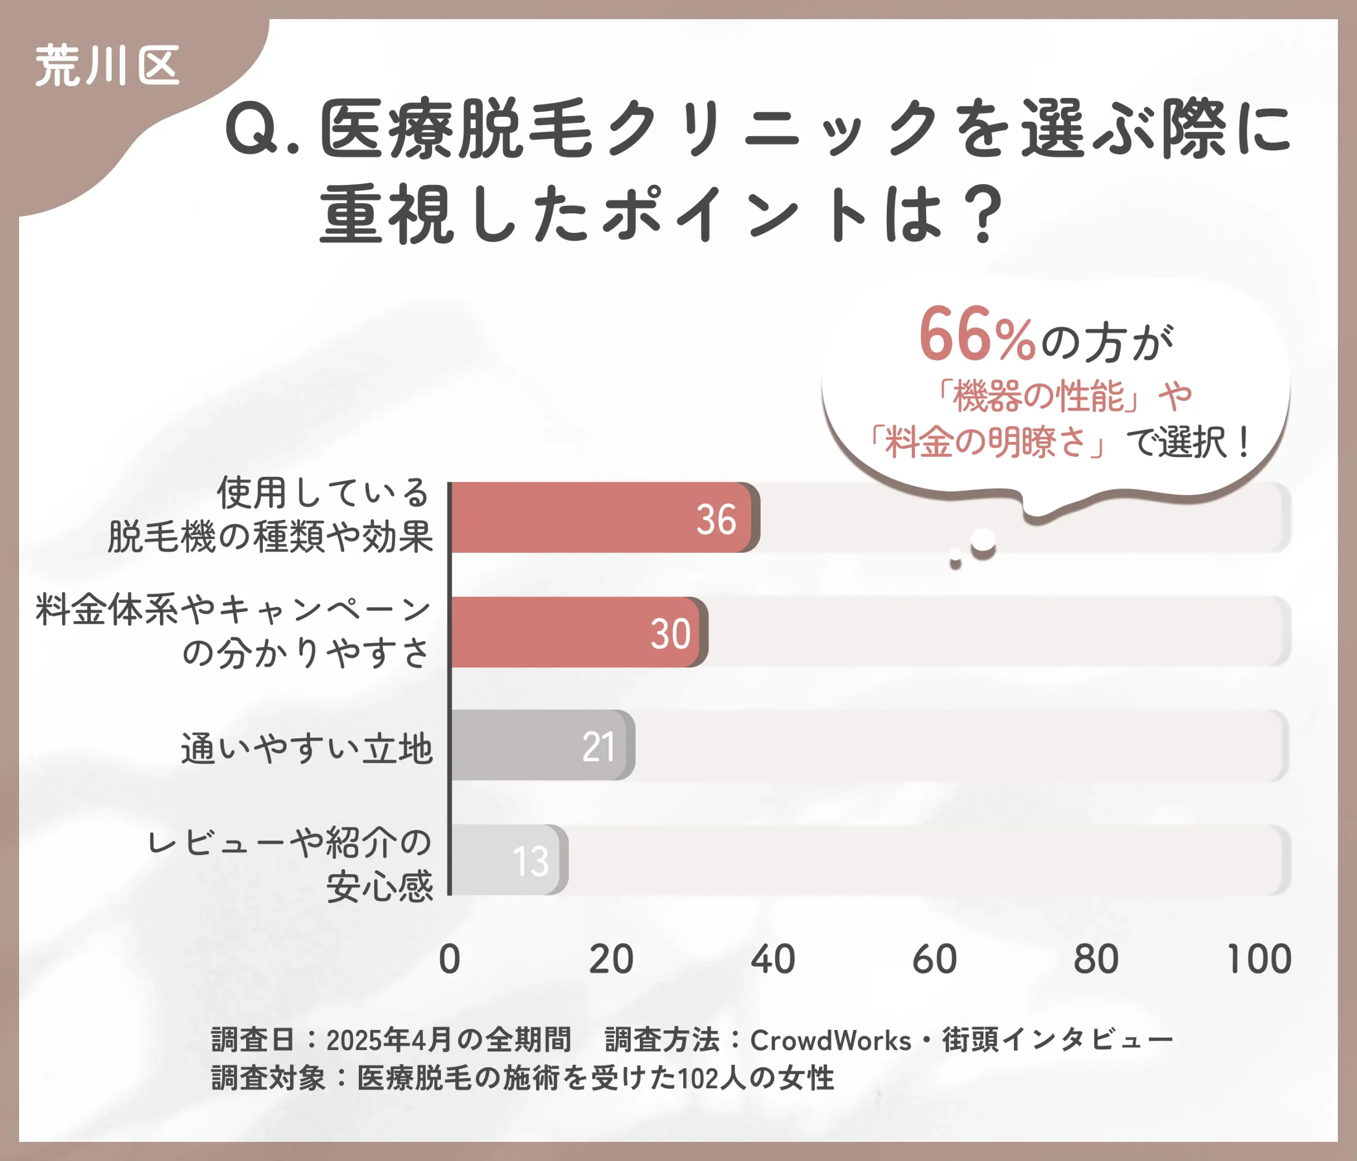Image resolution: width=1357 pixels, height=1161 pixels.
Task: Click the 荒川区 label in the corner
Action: [107, 66]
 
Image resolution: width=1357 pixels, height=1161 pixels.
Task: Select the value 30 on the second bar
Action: [670, 634]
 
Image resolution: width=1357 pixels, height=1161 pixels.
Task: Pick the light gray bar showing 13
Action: [508, 860]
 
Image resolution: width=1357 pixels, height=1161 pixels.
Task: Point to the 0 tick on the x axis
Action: [450, 960]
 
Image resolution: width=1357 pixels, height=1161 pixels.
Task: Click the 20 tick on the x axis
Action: [611, 960]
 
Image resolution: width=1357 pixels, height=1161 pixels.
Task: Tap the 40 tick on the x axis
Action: [773, 960]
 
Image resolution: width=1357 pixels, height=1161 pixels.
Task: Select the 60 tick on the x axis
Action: [935, 960]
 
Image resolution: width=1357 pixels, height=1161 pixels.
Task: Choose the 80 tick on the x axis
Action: [1096, 960]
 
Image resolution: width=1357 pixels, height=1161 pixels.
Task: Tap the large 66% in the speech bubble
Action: [976, 335]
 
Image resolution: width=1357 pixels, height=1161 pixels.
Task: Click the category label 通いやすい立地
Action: [306, 748]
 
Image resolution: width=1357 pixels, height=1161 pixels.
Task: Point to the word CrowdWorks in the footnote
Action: [831, 1041]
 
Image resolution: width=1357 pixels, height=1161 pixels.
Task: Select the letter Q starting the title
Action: [251, 128]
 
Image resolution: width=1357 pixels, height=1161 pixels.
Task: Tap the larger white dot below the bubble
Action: [983, 540]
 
